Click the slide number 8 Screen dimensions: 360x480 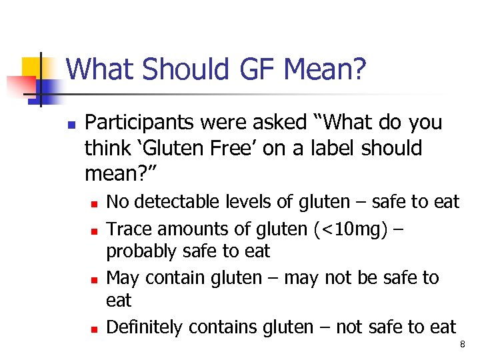pyautogui.click(x=461, y=345)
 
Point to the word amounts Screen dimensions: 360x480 pyautogui.click(x=189, y=229)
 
